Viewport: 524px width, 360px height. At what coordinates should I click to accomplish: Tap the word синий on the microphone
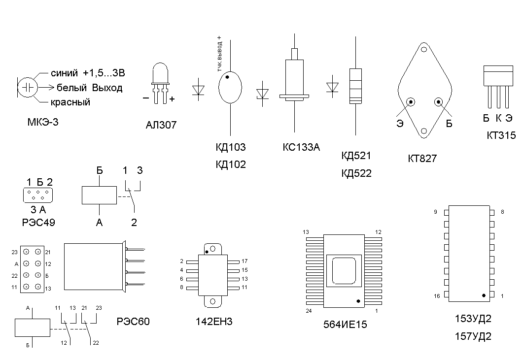(64, 73)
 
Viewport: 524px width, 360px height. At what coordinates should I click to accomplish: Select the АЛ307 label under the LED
(161, 125)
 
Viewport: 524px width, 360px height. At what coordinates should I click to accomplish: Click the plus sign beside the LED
(172, 98)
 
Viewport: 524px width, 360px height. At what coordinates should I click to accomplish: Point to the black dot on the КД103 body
(227, 77)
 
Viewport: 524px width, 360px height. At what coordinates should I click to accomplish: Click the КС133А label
(301, 147)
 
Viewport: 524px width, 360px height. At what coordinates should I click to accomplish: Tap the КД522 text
(356, 173)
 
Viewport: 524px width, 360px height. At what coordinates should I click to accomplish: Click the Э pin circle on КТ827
(411, 102)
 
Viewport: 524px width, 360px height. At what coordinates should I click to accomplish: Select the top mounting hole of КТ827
(423, 49)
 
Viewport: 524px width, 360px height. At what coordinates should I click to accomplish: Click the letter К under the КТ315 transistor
(498, 118)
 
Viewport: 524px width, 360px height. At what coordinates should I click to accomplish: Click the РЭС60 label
(133, 322)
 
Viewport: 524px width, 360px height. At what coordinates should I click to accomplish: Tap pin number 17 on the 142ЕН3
(245, 261)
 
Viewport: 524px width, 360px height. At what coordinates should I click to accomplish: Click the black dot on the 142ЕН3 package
(207, 252)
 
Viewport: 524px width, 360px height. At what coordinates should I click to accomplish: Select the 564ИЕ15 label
(345, 325)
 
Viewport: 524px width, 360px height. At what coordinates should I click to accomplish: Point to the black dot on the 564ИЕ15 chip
(358, 300)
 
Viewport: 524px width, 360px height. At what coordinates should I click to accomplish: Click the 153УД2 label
(473, 319)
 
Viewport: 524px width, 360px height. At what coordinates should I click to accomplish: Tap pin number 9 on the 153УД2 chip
(435, 212)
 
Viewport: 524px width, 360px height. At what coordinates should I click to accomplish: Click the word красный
(70, 102)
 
